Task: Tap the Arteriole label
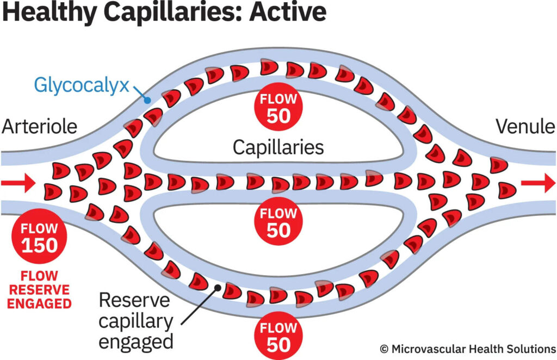(39, 127)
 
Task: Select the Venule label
(525, 127)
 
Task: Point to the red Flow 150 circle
(39, 237)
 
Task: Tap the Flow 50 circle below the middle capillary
(278, 222)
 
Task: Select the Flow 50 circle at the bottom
(278, 337)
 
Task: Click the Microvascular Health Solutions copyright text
(467, 349)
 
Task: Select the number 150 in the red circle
(39, 245)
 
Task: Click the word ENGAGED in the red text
(39, 303)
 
